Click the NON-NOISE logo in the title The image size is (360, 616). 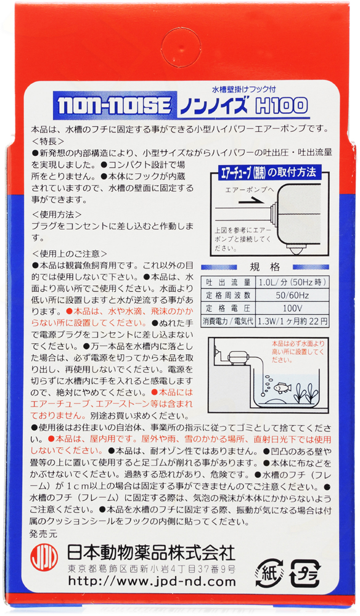(115, 105)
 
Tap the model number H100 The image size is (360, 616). (281, 105)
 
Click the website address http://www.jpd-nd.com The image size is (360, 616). (152, 581)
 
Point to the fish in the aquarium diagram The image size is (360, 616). (282, 387)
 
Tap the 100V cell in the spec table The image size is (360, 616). (292, 307)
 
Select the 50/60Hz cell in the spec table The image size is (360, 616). (292, 295)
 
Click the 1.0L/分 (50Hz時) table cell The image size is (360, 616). (292, 282)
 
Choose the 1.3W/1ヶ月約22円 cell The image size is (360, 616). (292, 321)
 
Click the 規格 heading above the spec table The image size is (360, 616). (265, 267)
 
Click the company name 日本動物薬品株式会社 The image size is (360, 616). (151, 553)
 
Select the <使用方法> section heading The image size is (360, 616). (57, 214)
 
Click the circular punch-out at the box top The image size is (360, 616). (181, 47)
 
